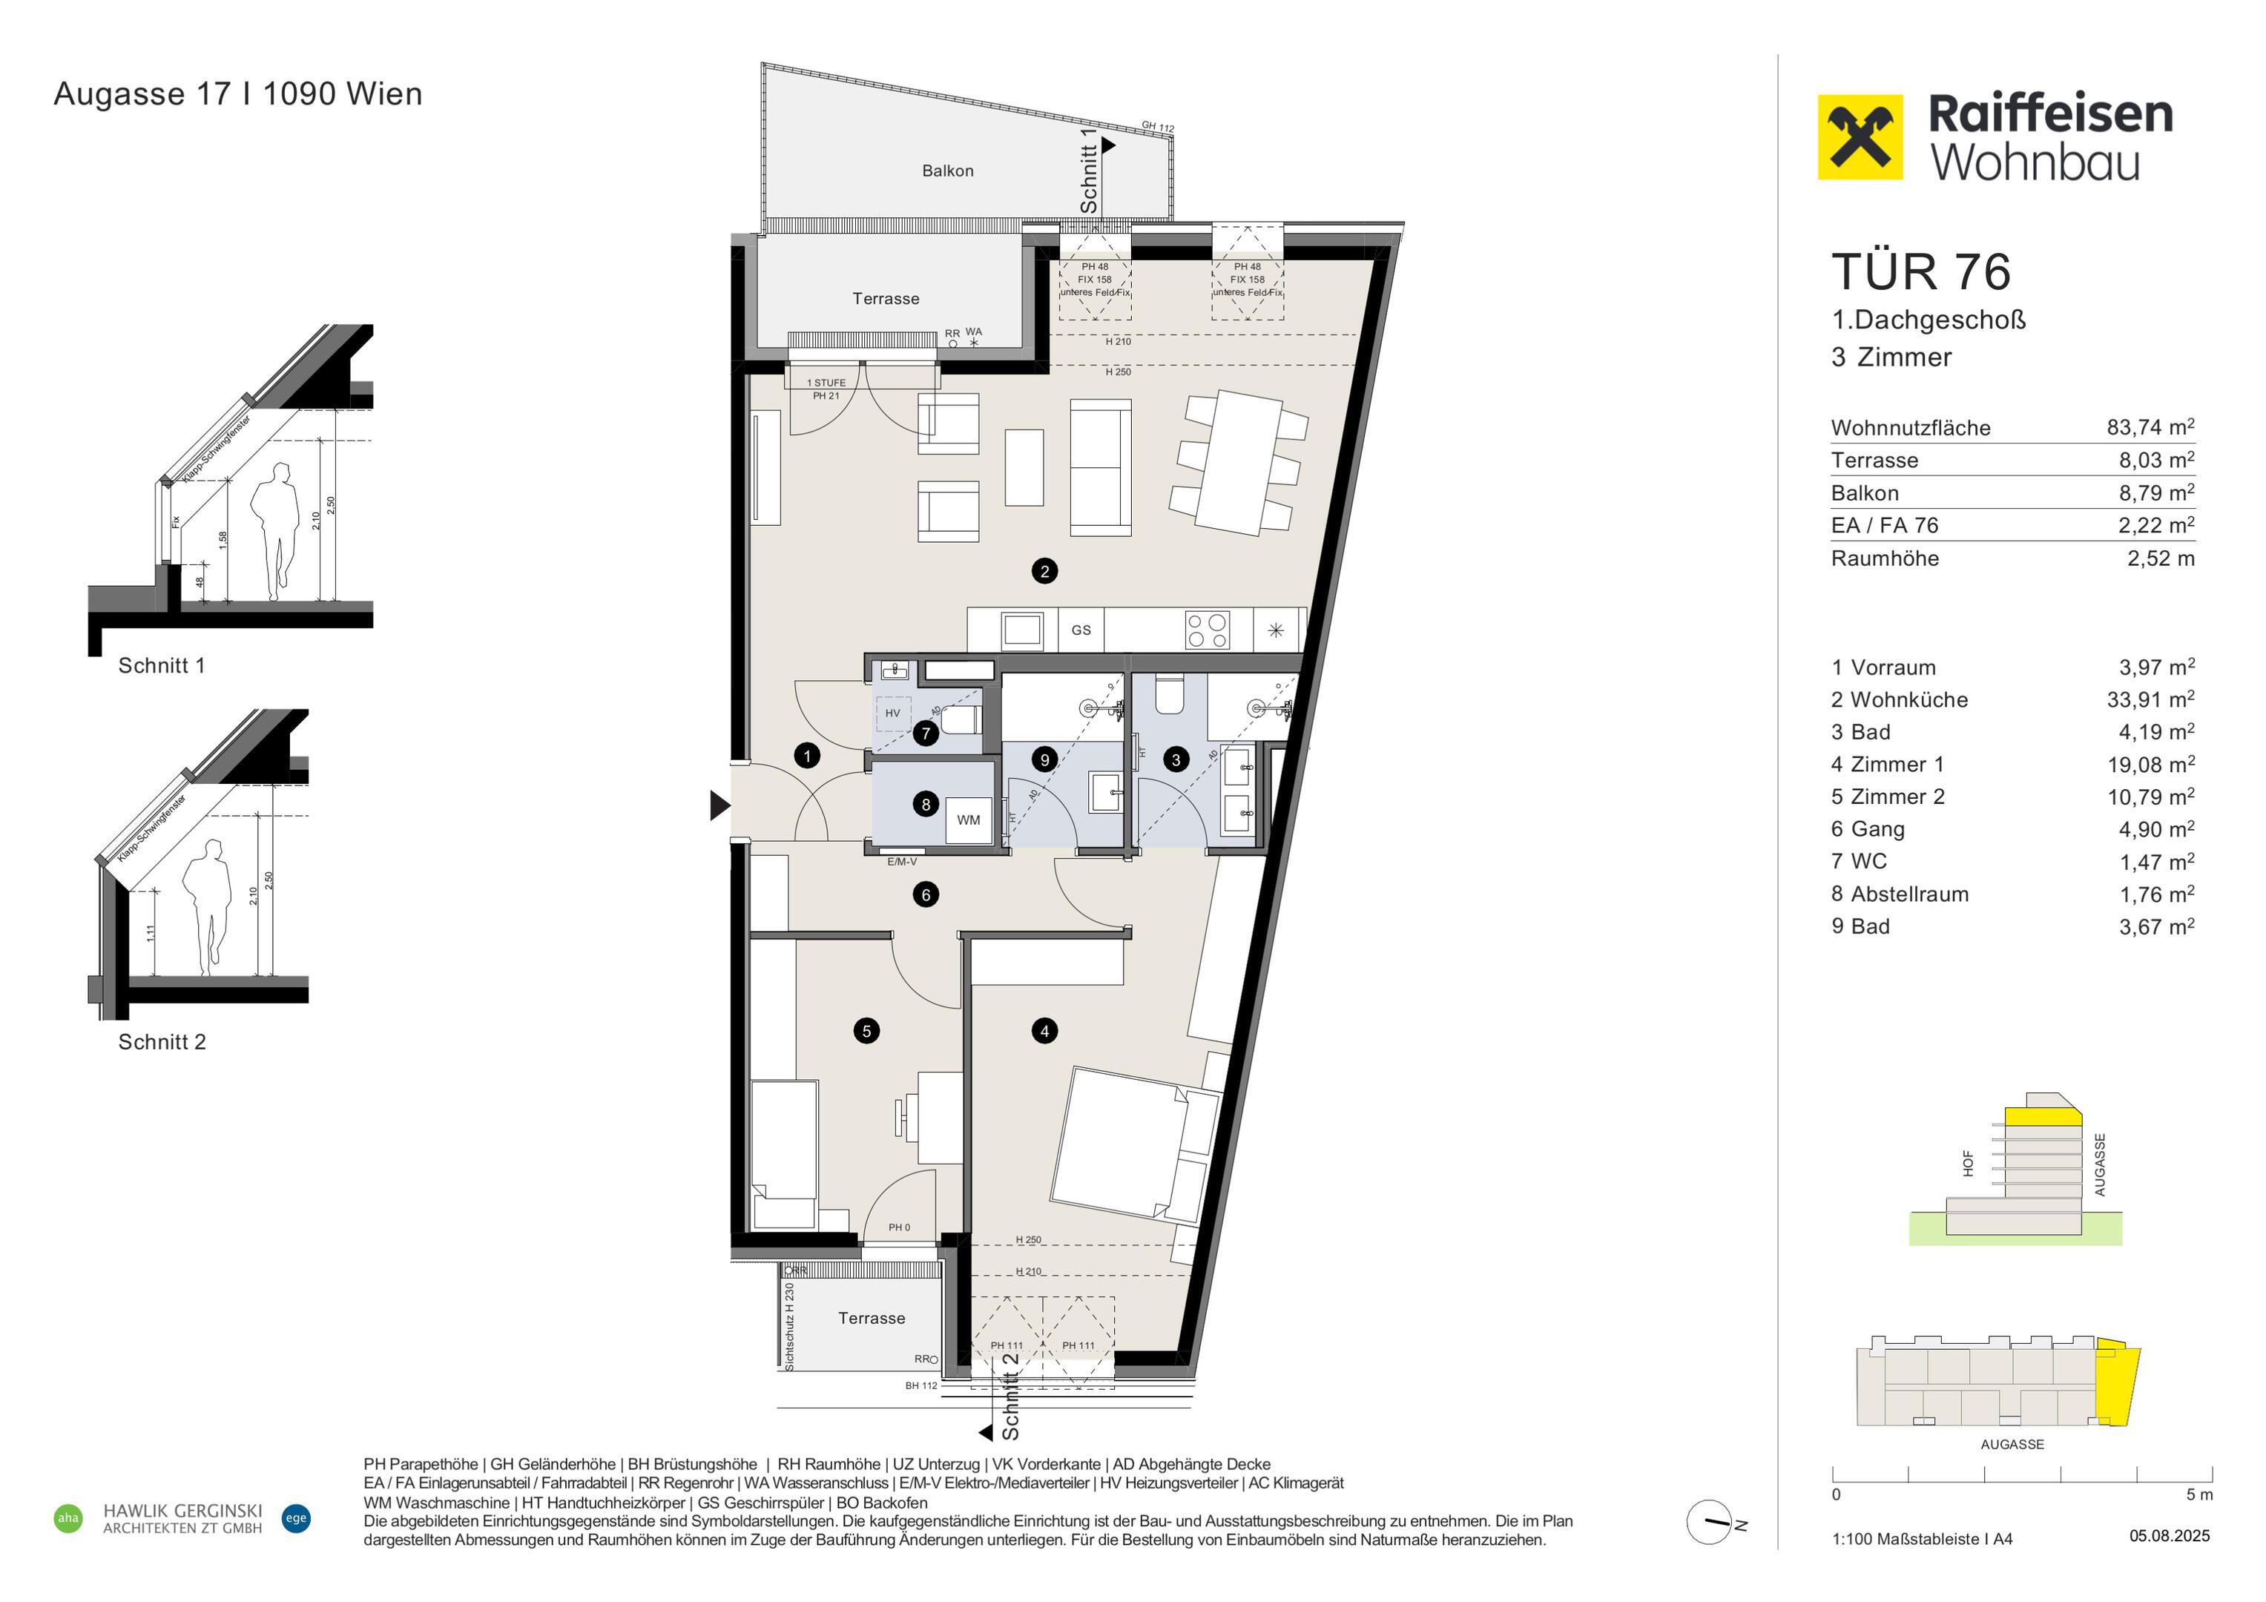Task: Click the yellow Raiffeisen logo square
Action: pos(1860,137)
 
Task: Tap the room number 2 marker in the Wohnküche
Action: pos(1044,570)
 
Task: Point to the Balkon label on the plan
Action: pos(947,171)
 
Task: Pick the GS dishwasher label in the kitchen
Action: pos(1081,630)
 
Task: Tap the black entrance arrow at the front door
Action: pos(719,805)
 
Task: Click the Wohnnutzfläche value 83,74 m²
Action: pos(2150,426)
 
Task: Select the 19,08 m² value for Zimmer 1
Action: pos(2150,764)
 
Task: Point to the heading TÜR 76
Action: pos(1920,271)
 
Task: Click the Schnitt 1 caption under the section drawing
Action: pos(162,665)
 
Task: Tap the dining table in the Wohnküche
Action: pos(1239,462)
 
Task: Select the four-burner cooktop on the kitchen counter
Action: pos(1207,630)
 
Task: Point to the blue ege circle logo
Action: pos(296,1518)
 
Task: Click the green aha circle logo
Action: pos(68,1518)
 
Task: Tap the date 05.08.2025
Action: pos(2170,1536)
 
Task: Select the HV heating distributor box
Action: pos(893,713)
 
